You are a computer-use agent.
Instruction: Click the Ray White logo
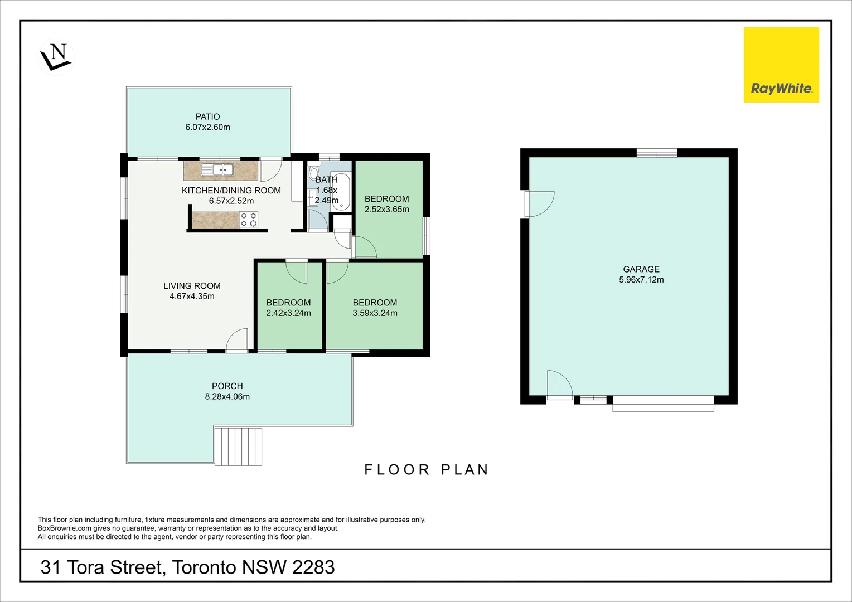(x=781, y=65)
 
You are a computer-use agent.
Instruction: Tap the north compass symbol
(x=56, y=56)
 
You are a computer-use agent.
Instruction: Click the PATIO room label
(x=207, y=116)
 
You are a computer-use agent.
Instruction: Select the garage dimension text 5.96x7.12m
(x=641, y=280)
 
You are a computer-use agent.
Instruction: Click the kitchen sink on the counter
(x=217, y=169)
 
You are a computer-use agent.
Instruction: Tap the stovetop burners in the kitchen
(x=249, y=220)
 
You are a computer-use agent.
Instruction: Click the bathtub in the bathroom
(x=341, y=192)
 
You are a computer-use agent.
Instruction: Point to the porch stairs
(x=238, y=446)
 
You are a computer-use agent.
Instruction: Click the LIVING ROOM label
(x=192, y=286)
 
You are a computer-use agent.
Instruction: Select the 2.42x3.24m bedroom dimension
(x=288, y=313)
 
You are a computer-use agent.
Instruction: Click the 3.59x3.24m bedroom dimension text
(x=375, y=313)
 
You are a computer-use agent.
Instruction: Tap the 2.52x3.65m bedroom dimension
(x=386, y=210)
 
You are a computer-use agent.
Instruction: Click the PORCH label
(x=227, y=386)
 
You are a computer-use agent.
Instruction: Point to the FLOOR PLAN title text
(x=427, y=470)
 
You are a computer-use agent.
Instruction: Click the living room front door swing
(x=238, y=340)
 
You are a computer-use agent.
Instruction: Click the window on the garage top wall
(x=657, y=153)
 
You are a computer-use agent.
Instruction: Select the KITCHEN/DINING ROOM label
(x=231, y=191)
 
